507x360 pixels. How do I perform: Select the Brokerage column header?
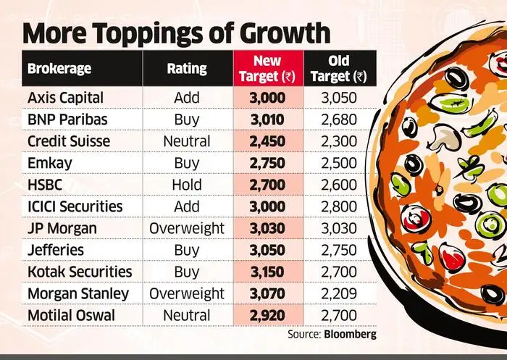pos(59,70)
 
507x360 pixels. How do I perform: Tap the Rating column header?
pos(187,70)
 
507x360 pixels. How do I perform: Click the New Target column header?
pos(267,70)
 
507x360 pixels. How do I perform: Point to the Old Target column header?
pos(338,70)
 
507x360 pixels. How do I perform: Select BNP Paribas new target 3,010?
pos(267,119)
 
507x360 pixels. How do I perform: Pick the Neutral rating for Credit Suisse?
pos(187,141)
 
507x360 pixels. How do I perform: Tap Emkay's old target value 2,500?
pos(338,162)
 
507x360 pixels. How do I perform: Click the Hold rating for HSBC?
pos(187,184)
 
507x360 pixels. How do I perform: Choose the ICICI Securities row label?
pos(75,206)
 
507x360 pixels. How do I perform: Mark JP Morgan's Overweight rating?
pos(187,228)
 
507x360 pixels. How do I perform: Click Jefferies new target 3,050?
pos(267,250)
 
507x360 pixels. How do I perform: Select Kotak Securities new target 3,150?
pos(267,272)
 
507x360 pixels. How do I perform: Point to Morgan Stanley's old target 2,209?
pos(338,293)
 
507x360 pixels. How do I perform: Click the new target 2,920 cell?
pos(267,315)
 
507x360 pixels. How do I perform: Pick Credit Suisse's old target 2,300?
pos(338,141)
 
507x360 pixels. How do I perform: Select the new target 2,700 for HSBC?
pos(267,184)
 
